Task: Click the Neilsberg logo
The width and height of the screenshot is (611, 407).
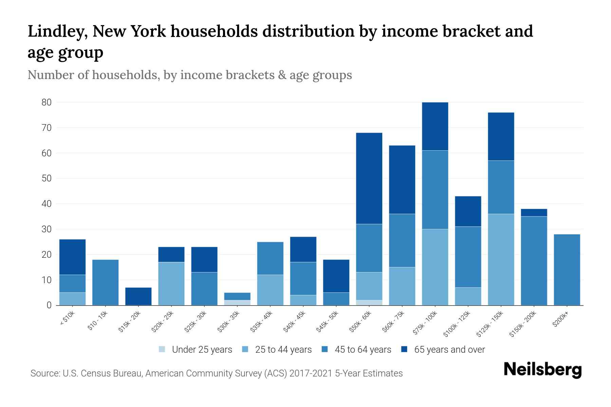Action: point(542,370)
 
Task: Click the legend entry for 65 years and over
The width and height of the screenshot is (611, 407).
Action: point(443,350)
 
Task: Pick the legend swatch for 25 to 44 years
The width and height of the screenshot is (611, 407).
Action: point(245,349)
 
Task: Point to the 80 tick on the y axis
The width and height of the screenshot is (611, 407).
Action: point(47,102)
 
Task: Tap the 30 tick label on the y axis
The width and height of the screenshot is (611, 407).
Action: point(47,229)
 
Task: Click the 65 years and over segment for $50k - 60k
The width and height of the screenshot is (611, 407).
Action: point(369,178)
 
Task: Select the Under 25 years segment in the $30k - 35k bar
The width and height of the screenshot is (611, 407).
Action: point(237,303)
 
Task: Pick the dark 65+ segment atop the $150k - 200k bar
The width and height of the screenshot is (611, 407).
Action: point(534,213)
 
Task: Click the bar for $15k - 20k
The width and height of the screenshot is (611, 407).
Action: point(138,296)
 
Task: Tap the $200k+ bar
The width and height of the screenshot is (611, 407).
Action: point(567,270)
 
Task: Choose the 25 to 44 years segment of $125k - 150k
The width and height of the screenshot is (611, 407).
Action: point(501,259)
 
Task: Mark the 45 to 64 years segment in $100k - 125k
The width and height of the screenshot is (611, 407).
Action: point(468,257)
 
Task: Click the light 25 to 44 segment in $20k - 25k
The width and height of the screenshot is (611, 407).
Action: point(171,284)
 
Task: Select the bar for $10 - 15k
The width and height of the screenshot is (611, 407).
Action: point(105,282)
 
